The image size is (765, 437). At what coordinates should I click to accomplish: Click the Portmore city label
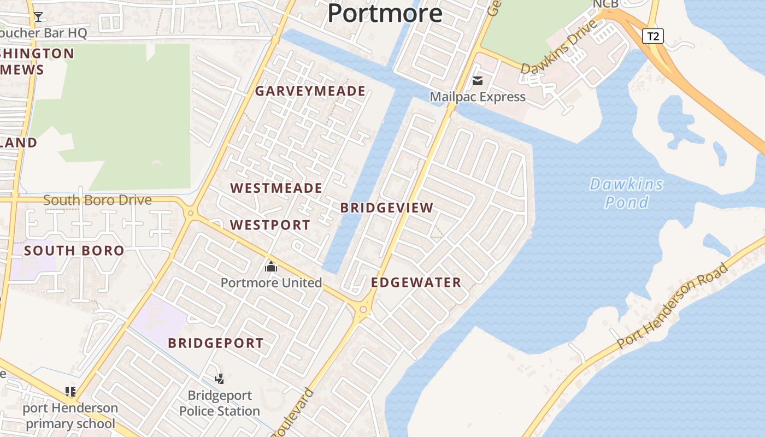click(x=385, y=13)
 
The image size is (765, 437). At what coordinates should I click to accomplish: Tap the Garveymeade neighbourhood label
click(x=310, y=91)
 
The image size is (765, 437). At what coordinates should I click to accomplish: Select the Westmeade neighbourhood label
click(x=276, y=188)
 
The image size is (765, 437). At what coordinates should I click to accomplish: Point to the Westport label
click(x=270, y=225)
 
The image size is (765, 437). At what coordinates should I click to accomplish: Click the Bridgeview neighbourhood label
click(x=387, y=208)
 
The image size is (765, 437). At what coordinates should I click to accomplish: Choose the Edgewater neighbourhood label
click(x=416, y=283)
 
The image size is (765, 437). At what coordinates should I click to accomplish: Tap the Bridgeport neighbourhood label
click(x=216, y=344)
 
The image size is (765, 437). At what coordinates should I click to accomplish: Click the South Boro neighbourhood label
click(x=74, y=251)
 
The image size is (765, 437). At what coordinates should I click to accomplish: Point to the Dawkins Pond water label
click(x=627, y=193)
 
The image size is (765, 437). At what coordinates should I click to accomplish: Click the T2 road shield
click(x=652, y=37)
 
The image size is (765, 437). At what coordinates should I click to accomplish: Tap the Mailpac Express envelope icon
click(x=478, y=81)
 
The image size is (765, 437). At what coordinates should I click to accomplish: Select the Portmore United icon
click(x=271, y=267)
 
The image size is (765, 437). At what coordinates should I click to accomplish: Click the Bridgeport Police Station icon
click(x=220, y=379)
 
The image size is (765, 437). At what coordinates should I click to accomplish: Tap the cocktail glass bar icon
click(x=38, y=17)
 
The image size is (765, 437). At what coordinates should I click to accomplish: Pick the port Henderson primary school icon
click(x=70, y=391)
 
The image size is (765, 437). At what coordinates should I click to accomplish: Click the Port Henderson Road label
click(x=673, y=305)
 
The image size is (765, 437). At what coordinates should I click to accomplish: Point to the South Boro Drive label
click(x=97, y=200)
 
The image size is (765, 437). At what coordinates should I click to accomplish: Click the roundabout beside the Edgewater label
click(x=363, y=310)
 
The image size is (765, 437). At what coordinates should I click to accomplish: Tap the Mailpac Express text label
click(x=478, y=97)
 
